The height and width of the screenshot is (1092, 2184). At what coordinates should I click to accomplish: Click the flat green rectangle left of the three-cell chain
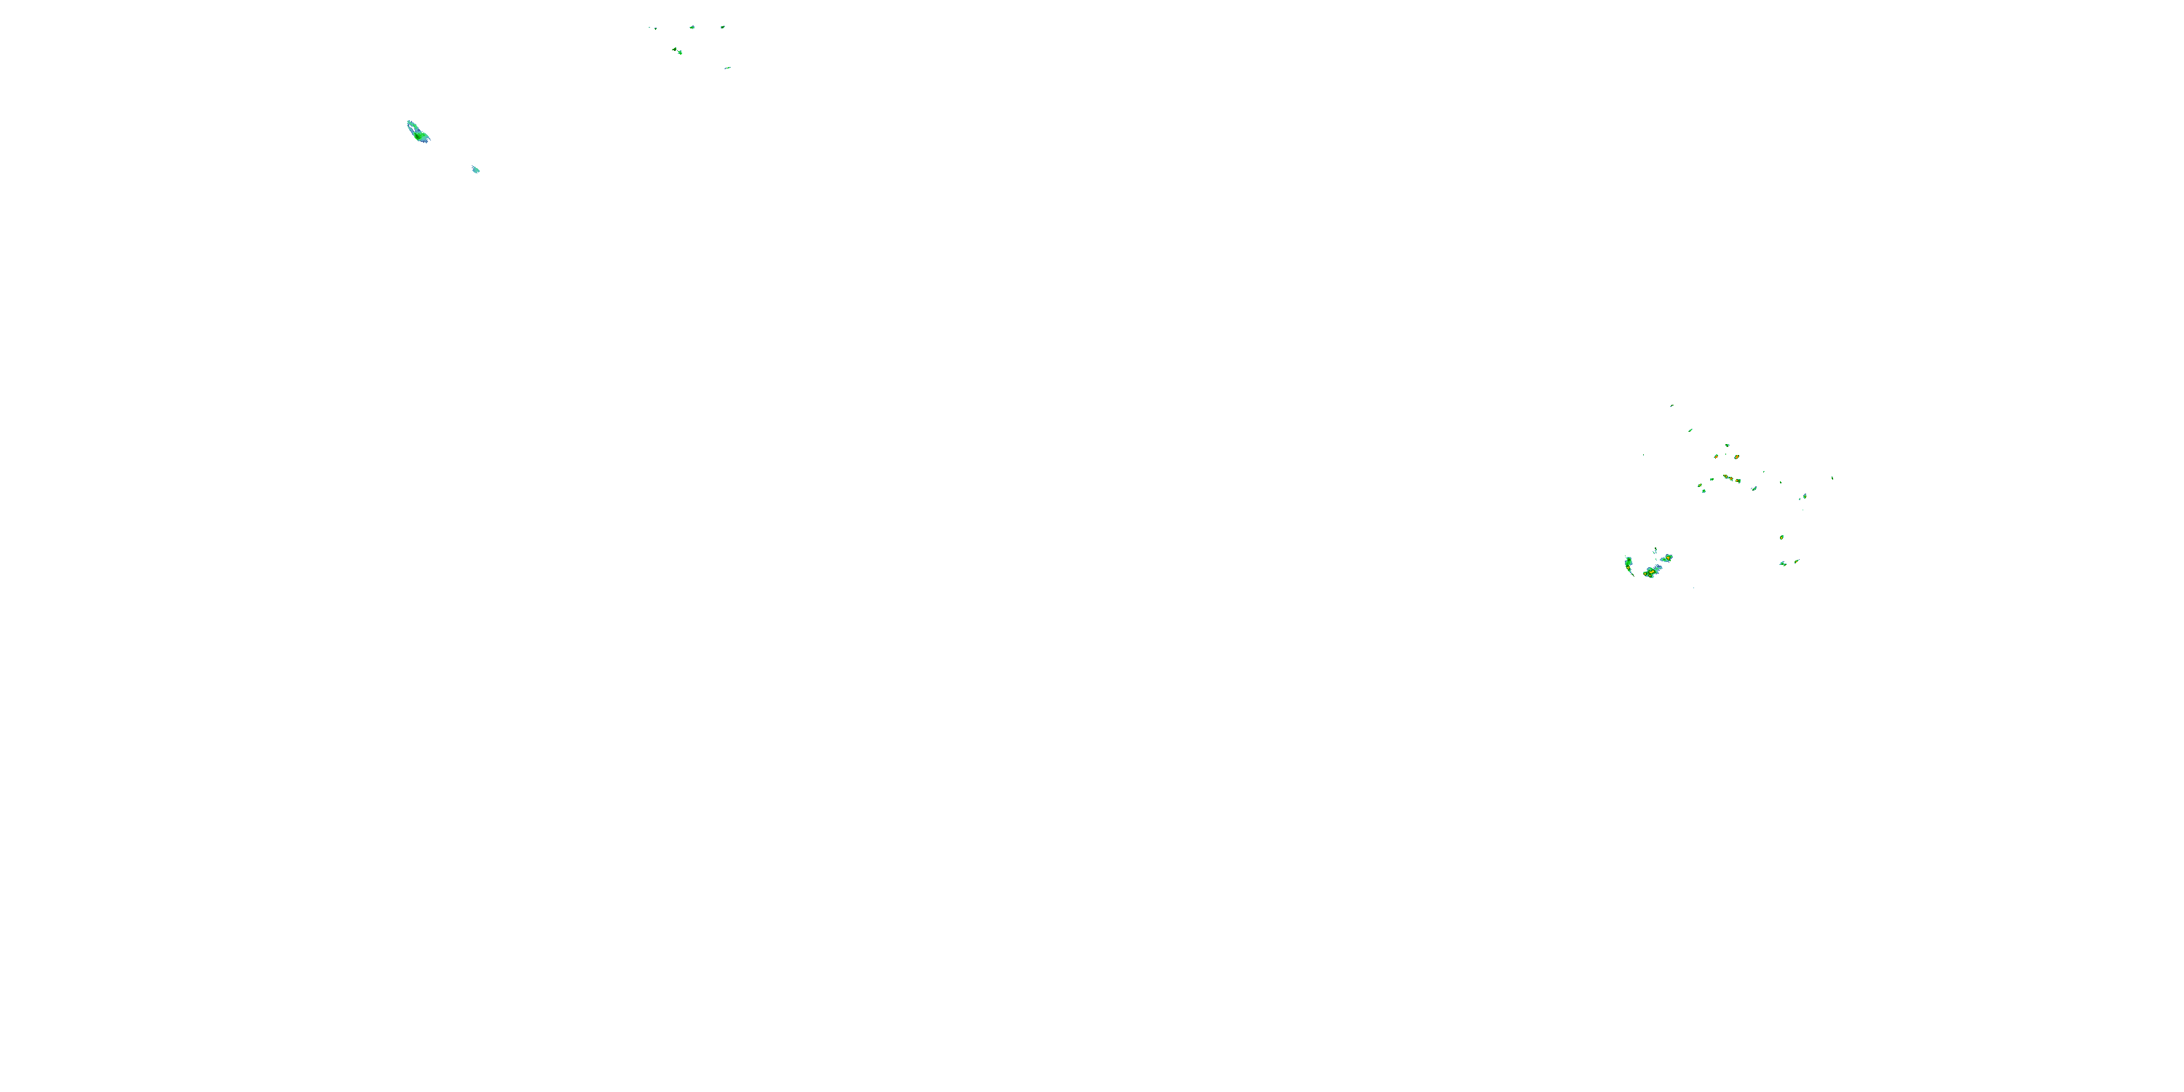(1712, 480)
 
